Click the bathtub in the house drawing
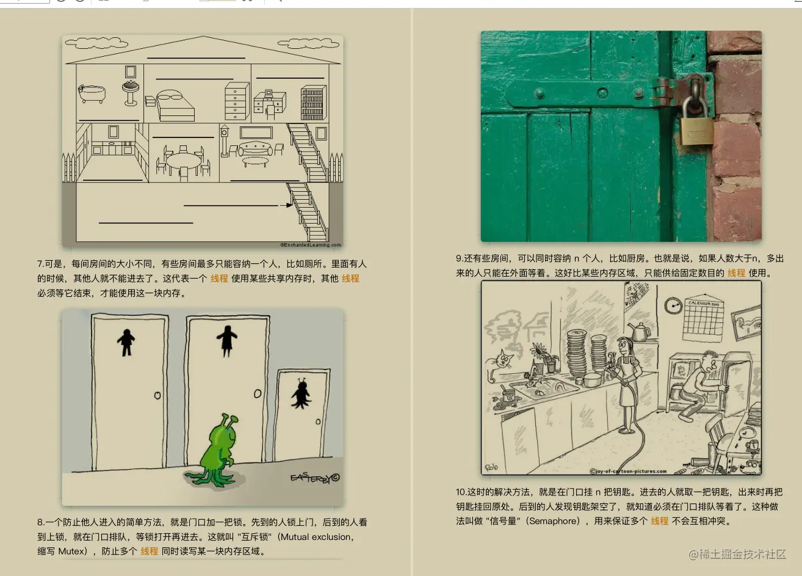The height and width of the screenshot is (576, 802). pyautogui.click(x=92, y=93)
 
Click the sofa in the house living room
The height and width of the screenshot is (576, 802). pyautogui.click(x=256, y=149)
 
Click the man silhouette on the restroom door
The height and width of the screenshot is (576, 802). pyautogui.click(x=126, y=341)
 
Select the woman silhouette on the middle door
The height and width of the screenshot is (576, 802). pyautogui.click(x=226, y=340)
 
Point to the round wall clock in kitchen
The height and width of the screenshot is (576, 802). pyautogui.click(x=673, y=305)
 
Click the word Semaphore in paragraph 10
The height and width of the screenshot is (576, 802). pyautogui.click(x=553, y=521)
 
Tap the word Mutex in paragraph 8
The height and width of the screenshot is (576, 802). pyautogui.click(x=72, y=551)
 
